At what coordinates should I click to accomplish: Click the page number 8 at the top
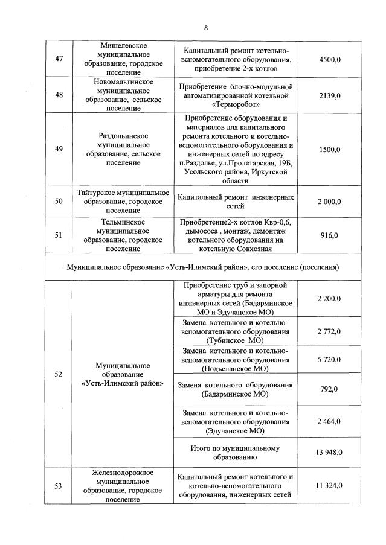[205, 28]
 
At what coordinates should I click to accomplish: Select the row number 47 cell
[59, 59]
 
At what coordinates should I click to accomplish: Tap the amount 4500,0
[330, 59]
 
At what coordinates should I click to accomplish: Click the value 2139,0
[330, 95]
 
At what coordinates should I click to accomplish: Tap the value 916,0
[330, 235]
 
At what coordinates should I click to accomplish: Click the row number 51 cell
[59, 235]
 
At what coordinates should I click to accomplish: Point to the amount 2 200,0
[330, 298]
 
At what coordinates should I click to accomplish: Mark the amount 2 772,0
[330, 331]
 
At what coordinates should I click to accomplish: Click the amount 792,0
[330, 389]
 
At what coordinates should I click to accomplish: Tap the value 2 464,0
[330, 421]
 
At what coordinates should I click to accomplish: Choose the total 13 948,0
[330, 452]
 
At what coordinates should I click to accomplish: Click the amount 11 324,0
[330, 485]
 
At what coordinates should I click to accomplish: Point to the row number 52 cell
[59, 374]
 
